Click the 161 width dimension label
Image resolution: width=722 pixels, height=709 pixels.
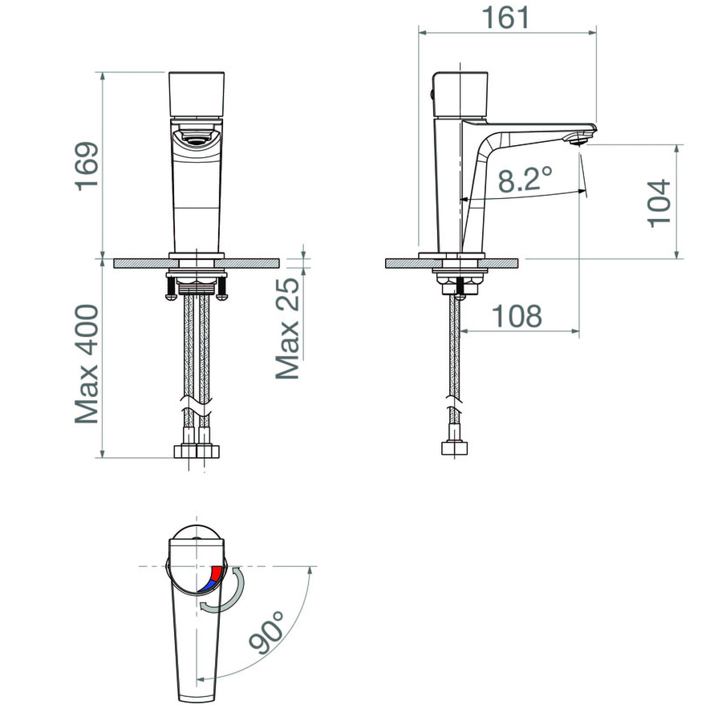coord(505,18)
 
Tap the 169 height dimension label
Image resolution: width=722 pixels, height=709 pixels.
coord(87,166)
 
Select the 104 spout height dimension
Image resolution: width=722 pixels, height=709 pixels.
coord(659,204)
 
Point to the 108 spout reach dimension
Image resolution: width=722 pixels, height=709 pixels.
coord(517,316)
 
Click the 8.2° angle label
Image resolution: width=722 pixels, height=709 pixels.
coord(525,179)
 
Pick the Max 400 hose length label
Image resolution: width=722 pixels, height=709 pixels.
coord(87,363)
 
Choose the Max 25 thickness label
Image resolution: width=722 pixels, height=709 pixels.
coord(287,328)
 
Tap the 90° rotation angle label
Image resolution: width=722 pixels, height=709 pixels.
coord(267,632)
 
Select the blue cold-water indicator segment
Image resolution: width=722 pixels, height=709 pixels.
coord(208,585)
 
